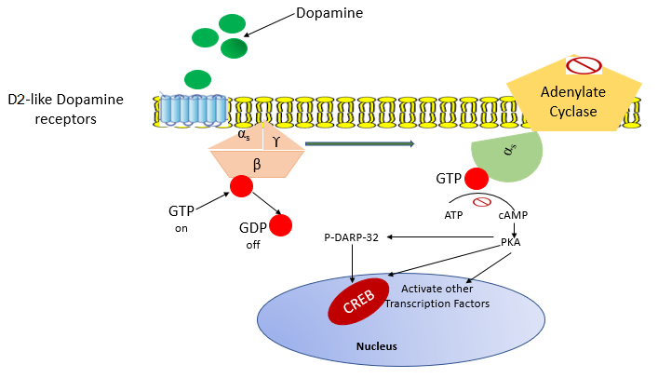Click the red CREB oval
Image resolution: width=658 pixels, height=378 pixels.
357,301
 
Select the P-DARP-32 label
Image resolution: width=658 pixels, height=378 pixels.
352,238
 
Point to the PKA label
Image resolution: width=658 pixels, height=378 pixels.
510,242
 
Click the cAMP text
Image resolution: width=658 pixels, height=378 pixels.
514,216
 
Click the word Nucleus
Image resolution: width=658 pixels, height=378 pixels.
377,346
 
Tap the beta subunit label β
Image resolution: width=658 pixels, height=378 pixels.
256,164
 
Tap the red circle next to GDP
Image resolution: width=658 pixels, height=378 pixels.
279,225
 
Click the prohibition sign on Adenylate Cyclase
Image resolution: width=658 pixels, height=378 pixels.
584,65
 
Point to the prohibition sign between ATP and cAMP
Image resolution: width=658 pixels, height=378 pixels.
482,202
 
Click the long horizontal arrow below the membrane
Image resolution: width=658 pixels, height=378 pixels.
359,143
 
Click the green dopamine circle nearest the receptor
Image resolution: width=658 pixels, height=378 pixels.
197,78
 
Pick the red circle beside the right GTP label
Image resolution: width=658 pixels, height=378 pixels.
477,178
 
